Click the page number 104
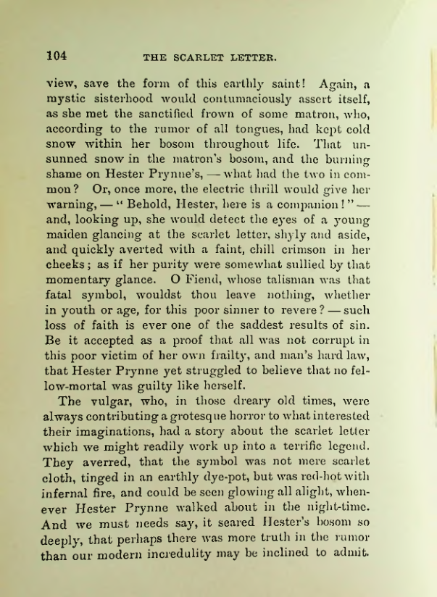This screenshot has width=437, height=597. coord(57,55)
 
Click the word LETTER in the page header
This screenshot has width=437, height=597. coord(250,57)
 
